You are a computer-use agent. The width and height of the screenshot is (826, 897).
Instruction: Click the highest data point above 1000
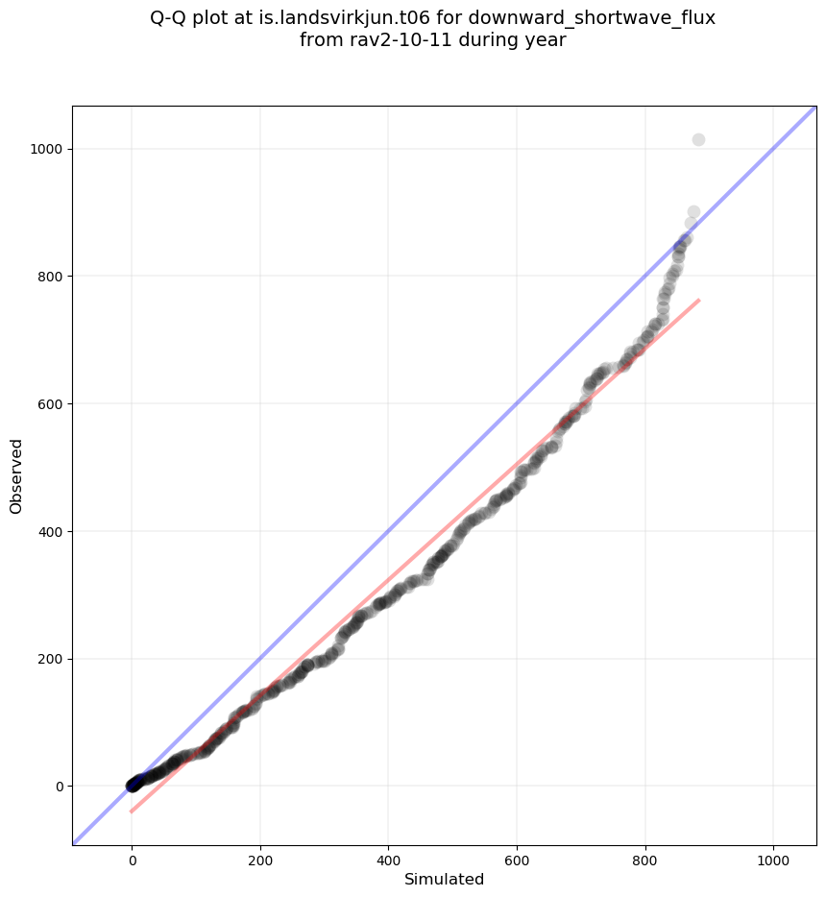tap(698, 140)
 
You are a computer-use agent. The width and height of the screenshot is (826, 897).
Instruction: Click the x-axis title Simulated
tap(444, 880)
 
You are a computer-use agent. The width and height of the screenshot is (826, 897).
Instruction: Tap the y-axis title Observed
tap(16, 476)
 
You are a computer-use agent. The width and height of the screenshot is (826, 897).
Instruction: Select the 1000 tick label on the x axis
tap(773, 860)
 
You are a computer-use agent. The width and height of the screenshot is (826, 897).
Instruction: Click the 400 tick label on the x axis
tap(388, 860)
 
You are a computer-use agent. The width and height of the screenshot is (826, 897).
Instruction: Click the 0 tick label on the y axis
tap(60, 787)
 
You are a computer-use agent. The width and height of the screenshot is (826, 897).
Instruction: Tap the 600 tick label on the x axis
tap(517, 860)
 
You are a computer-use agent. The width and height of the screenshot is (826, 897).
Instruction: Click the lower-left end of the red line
tap(132, 812)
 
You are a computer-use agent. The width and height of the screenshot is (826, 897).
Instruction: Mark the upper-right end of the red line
tap(698, 301)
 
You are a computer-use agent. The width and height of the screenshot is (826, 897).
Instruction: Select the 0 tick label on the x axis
tap(133, 860)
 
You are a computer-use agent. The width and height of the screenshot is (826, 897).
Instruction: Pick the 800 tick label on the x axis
tap(645, 860)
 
